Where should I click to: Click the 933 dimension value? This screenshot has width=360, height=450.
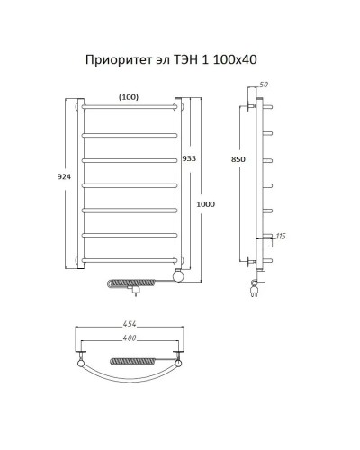tap(188, 157)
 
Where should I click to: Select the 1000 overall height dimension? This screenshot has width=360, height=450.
tap(205, 205)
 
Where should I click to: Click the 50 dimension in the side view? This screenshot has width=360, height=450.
tap(264, 84)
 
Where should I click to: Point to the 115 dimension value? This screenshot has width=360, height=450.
tap(279, 236)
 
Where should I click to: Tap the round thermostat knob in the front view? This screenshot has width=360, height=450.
tap(179, 276)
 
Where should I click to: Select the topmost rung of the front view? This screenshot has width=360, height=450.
tap(130, 107)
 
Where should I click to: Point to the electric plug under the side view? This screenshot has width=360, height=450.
tap(254, 290)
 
